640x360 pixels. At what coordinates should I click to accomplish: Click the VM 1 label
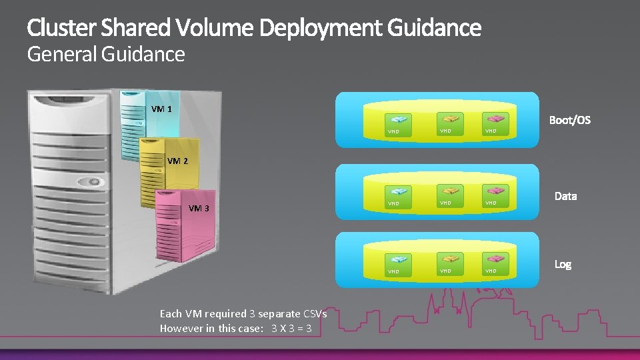tap(161, 109)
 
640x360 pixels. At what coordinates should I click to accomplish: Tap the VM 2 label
tap(177, 161)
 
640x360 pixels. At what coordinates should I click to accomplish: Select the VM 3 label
tap(199, 208)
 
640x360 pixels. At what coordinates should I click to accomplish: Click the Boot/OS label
tap(569, 121)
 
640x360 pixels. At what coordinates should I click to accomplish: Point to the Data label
tap(565, 196)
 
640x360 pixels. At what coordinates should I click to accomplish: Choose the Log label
tap(563, 265)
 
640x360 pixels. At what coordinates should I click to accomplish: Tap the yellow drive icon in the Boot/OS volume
tap(446, 119)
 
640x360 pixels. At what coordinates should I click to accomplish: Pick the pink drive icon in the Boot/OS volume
tap(491, 119)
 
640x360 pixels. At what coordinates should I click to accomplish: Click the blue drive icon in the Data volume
tap(400, 192)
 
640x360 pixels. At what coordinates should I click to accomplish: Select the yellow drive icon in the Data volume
tap(446, 191)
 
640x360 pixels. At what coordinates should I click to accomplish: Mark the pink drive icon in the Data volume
tap(491, 191)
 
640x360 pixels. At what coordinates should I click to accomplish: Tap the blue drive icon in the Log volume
tap(400, 260)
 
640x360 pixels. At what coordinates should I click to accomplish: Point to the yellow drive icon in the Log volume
tap(446, 259)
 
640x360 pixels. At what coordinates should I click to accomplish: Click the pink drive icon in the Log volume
tap(491, 259)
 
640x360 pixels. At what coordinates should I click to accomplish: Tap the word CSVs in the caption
tap(315, 313)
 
